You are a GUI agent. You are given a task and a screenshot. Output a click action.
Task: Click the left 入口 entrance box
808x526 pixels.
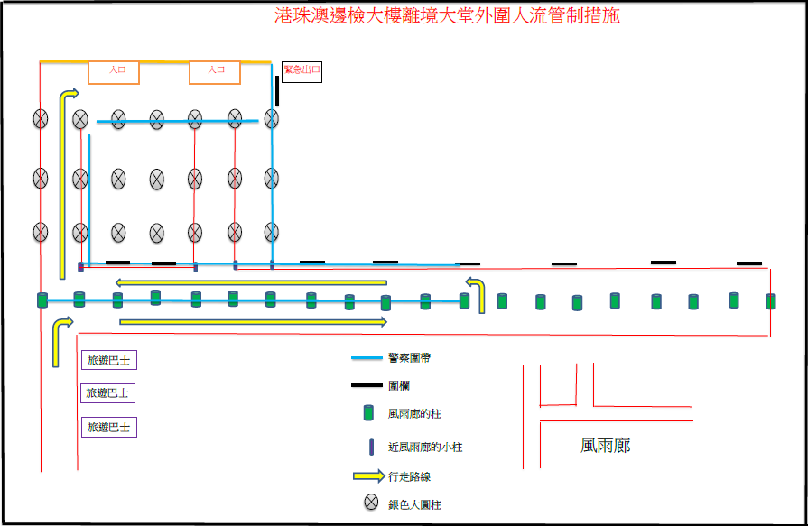pyautogui.click(x=114, y=71)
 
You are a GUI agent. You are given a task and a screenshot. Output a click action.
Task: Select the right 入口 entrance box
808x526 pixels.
pyautogui.click(x=215, y=71)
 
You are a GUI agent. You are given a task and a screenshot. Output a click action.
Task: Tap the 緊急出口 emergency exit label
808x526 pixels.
pyautogui.click(x=302, y=70)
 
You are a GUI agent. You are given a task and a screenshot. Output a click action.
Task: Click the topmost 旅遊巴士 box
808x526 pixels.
pyautogui.click(x=109, y=361)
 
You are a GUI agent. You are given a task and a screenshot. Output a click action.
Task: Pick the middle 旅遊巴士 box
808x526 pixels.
pyautogui.click(x=109, y=393)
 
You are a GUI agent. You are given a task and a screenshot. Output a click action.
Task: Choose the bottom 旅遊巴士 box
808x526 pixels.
pyautogui.click(x=109, y=426)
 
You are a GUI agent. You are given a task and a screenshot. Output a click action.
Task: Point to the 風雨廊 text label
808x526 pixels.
pyautogui.click(x=606, y=446)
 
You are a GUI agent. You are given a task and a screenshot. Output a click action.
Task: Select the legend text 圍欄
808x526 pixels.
pyautogui.click(x=400, y=385)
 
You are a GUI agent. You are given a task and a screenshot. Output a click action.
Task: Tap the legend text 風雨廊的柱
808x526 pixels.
pyautogui.click(x=414, y=414)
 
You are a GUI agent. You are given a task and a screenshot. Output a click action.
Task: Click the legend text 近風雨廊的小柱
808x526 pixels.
pyautogui.click(x=425, y=447)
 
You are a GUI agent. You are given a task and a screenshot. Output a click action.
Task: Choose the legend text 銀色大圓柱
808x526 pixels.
pyautogui.click(x=414, y=504)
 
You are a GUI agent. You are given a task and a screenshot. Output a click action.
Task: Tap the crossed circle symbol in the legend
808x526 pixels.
pyautogui.click(x=370, y=503)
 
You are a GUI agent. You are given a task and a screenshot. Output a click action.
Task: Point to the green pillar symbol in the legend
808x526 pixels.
pyautogui.click(x=367, y=413)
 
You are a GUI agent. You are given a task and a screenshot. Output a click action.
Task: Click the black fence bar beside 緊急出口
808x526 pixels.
pyautogui.click(x=277, y=90)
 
